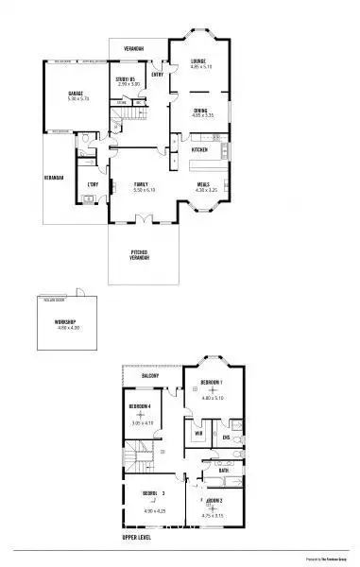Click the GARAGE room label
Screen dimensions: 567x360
[x=76, y=93]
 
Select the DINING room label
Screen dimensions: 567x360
[x=200, y=111]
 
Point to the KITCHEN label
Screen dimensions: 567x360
[x=200, y=150]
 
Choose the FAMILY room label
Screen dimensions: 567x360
[x=141, y=184]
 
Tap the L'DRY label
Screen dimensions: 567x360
[x=93, y=184]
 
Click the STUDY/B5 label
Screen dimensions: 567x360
[x=128, y=78]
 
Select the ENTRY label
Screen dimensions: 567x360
[x=157, y=74]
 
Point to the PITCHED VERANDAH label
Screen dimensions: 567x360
[x=141, y=253]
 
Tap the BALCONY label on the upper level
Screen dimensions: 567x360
[x=149, y=375]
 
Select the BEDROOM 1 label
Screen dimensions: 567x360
[x=210, y=382]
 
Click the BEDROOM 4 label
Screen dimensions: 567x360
[x=141, y=405]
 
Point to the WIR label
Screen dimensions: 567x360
[x=199, y=434]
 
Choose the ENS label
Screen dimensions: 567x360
[x=227, y=438]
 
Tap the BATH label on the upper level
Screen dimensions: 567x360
[x=223, y=470]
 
